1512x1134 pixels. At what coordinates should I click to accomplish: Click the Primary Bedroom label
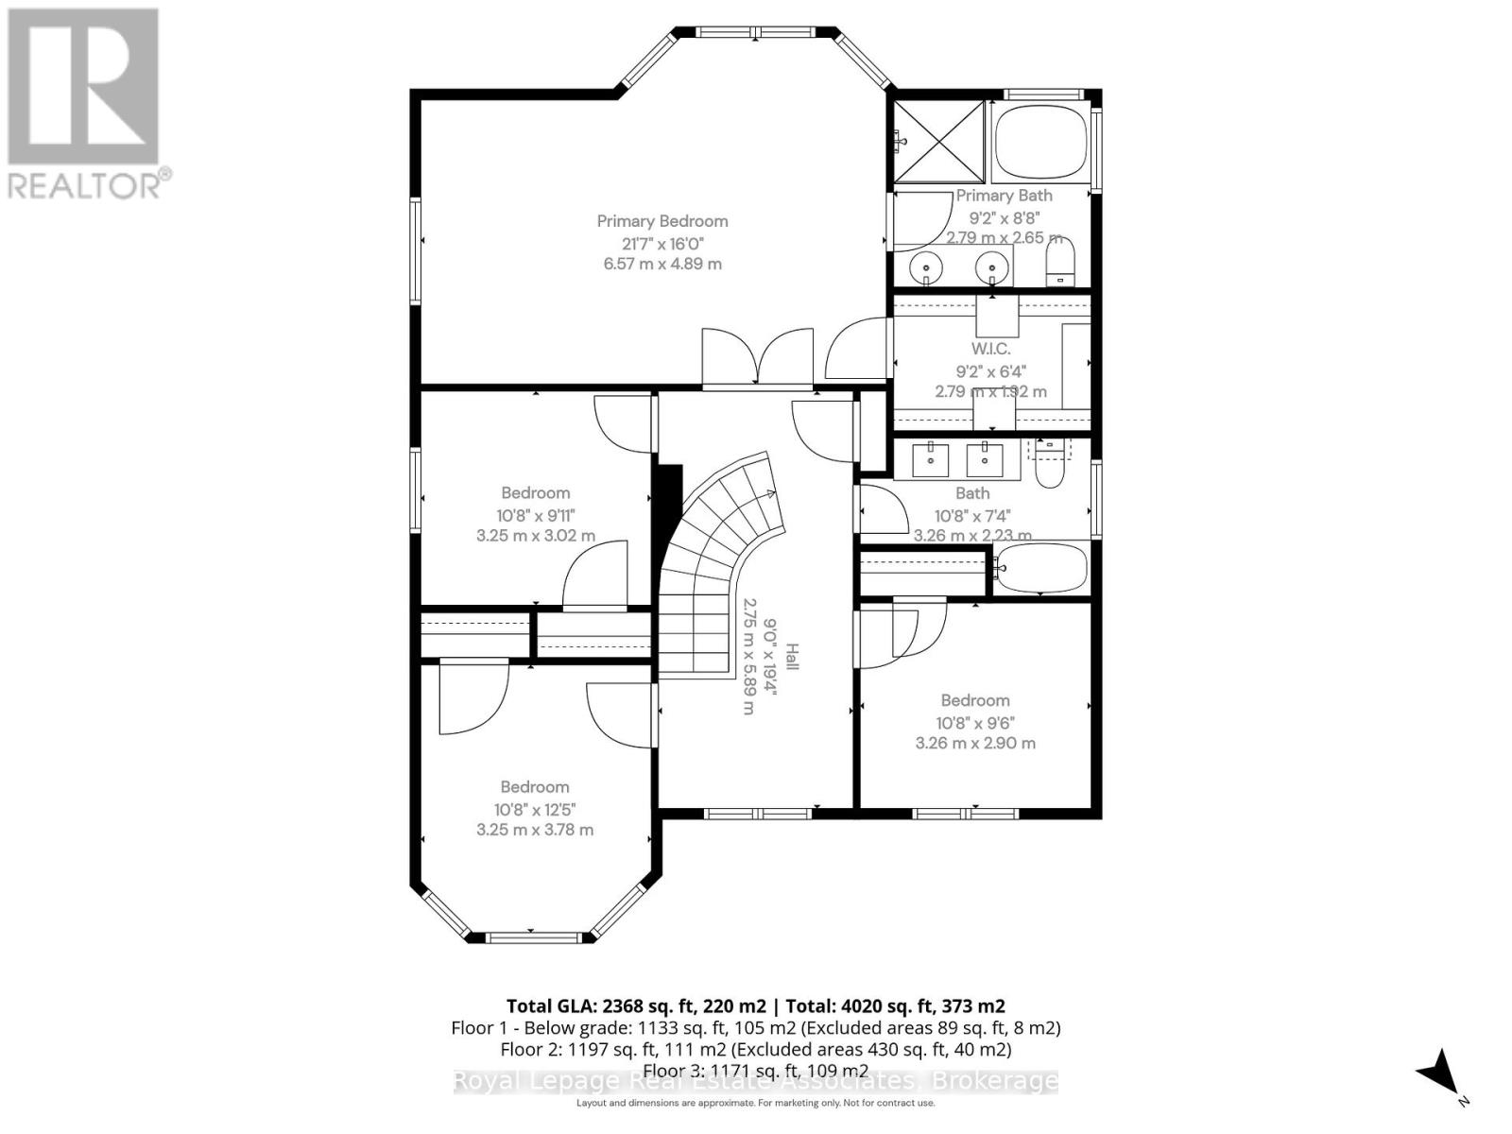pyautogui.click(x=662, y=221)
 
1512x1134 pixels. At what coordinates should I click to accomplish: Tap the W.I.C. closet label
pyautogui.click(x=990, y=349)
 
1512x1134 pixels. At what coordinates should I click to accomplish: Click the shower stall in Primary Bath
pyautogui.click(x=939, y=141)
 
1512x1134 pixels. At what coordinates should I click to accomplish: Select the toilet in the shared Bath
pyautogui.click(x=1050, y=464)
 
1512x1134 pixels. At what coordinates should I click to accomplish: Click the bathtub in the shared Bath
pyautogui.click(x=1039, y=568)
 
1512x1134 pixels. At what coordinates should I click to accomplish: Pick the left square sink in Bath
pyautogui.click(x=931, y=459)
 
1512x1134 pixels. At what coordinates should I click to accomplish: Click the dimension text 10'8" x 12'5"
pyautogui.click(x=535, y=809)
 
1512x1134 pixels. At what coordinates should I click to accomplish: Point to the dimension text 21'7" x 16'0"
pyautogui.click(x=662, y=243)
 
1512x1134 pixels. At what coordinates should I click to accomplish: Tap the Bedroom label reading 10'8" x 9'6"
pyautogui.click(x=975, y=700)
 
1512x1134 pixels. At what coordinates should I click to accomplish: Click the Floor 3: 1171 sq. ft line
pyautogui.click(x=755, y=1071)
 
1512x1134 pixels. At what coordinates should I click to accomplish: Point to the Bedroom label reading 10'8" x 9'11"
pyautogui.click(x=535, y=492)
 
